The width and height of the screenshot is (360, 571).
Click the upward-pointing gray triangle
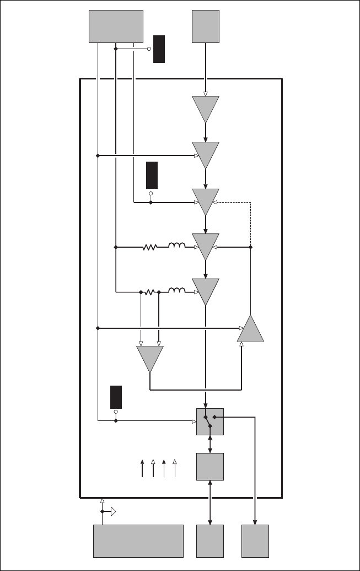coord(251,330)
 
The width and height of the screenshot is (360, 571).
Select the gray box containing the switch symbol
coord(210,421)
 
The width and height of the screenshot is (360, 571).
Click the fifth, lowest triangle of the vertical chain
coord(206,290)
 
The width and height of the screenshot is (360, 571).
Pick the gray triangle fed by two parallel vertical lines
coord(150,357)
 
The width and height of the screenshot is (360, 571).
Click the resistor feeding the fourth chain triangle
coord(149,247)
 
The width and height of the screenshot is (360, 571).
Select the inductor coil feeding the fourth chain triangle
coord(177,246)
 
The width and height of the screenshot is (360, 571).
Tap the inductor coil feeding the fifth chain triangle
coord(177,290)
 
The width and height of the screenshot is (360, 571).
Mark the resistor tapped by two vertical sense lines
coord(149,292)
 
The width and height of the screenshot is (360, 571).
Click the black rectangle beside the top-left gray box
coord(159,49)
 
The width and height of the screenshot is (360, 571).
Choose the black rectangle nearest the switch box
coord(116,397)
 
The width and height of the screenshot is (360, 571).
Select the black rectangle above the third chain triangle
coord(152,175)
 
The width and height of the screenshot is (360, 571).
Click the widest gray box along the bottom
coord(138,541)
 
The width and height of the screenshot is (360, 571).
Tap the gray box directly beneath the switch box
coord(210,467)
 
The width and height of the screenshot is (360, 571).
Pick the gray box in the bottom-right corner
coord(255,541)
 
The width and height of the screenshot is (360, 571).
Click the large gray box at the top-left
coord(116,26)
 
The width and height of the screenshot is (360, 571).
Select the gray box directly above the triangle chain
coord(206,26)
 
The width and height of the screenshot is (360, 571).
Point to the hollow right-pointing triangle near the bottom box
coord(112,512)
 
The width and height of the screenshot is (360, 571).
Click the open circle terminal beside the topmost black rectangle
coord(149,49)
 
